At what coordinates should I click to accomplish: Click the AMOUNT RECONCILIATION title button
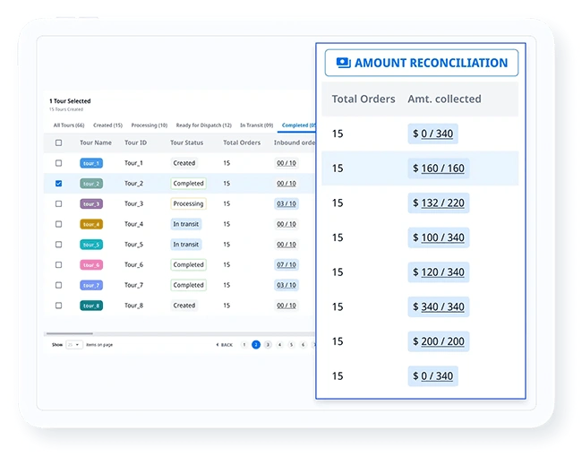pyautogui.click(x=421, y=63)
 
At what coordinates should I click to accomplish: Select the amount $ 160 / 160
pyautogui.click(x=438, y=168)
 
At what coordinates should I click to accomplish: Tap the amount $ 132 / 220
pyautogui.click(x=438, y=203)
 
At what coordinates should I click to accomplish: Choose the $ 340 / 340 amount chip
pyautogui.click(x=438, y=306)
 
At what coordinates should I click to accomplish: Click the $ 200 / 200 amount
pyautogui.click(x=438, y=341)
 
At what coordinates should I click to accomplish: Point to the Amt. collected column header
pyautogui.click(x=444, y=99)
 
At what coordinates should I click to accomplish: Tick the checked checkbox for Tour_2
pyautogui.click(x=59, y=184)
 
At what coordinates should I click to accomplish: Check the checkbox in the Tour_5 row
pyautogui.click(x=59, y=245)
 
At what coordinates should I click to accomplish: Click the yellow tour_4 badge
pyautogui.click(x=91, y=224)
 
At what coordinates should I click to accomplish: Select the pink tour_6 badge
pyautogui.click(x=91, y=265)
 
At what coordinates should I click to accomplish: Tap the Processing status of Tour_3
pyautogui.click(x=188, y=203)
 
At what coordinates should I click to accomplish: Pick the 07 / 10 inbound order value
pyautogui.click(x=287, y=264)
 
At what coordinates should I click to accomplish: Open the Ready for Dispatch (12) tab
pyautogui.click(x=203, y=125)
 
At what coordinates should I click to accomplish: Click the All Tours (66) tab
pyautogui.click(x=69, y=125)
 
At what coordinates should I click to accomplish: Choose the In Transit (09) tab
pyautogui.click(x=256, y=125)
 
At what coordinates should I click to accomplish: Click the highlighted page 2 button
pyautogui.click(x=256, y=344)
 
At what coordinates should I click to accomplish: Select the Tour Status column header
pyautogui.click(x=186, y=142)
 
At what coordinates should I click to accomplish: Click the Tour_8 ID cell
pyautogui.click(x=133, y=306)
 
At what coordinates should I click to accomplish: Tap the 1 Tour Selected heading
pyautogui.click(x=70, y=101)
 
